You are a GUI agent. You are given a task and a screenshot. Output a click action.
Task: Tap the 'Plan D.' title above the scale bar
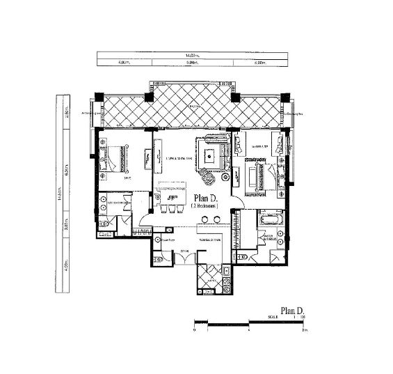click(x=292, y=311)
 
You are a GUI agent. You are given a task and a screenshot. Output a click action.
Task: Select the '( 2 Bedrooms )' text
click(x=204, y=207)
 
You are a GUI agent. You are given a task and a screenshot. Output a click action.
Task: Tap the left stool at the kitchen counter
click(x=161, y=212)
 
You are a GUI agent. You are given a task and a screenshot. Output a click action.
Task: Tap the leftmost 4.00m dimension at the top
click(x=125, y=63)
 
